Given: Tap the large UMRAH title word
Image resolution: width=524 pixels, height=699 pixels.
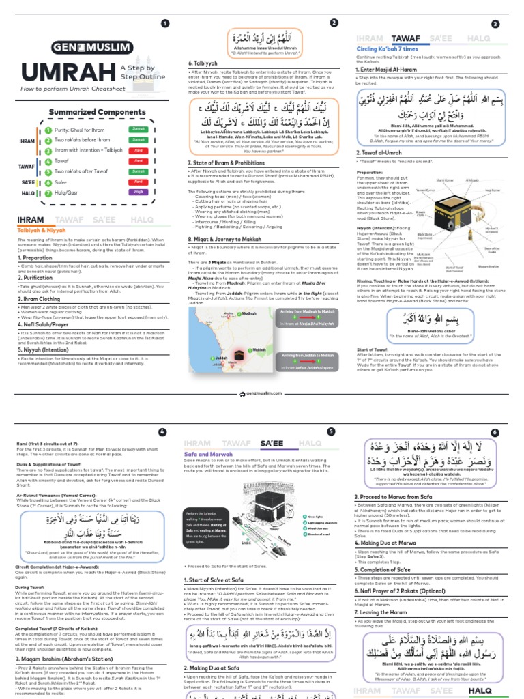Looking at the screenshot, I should pos(67,74).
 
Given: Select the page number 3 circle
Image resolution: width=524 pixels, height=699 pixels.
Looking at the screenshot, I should pos(495,24).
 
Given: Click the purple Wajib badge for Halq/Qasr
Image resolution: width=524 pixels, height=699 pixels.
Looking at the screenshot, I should pos(139,193).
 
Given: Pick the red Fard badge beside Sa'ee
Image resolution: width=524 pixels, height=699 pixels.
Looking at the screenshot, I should pos(139,182).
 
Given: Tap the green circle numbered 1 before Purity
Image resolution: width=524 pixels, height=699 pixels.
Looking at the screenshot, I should pos(48,129).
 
